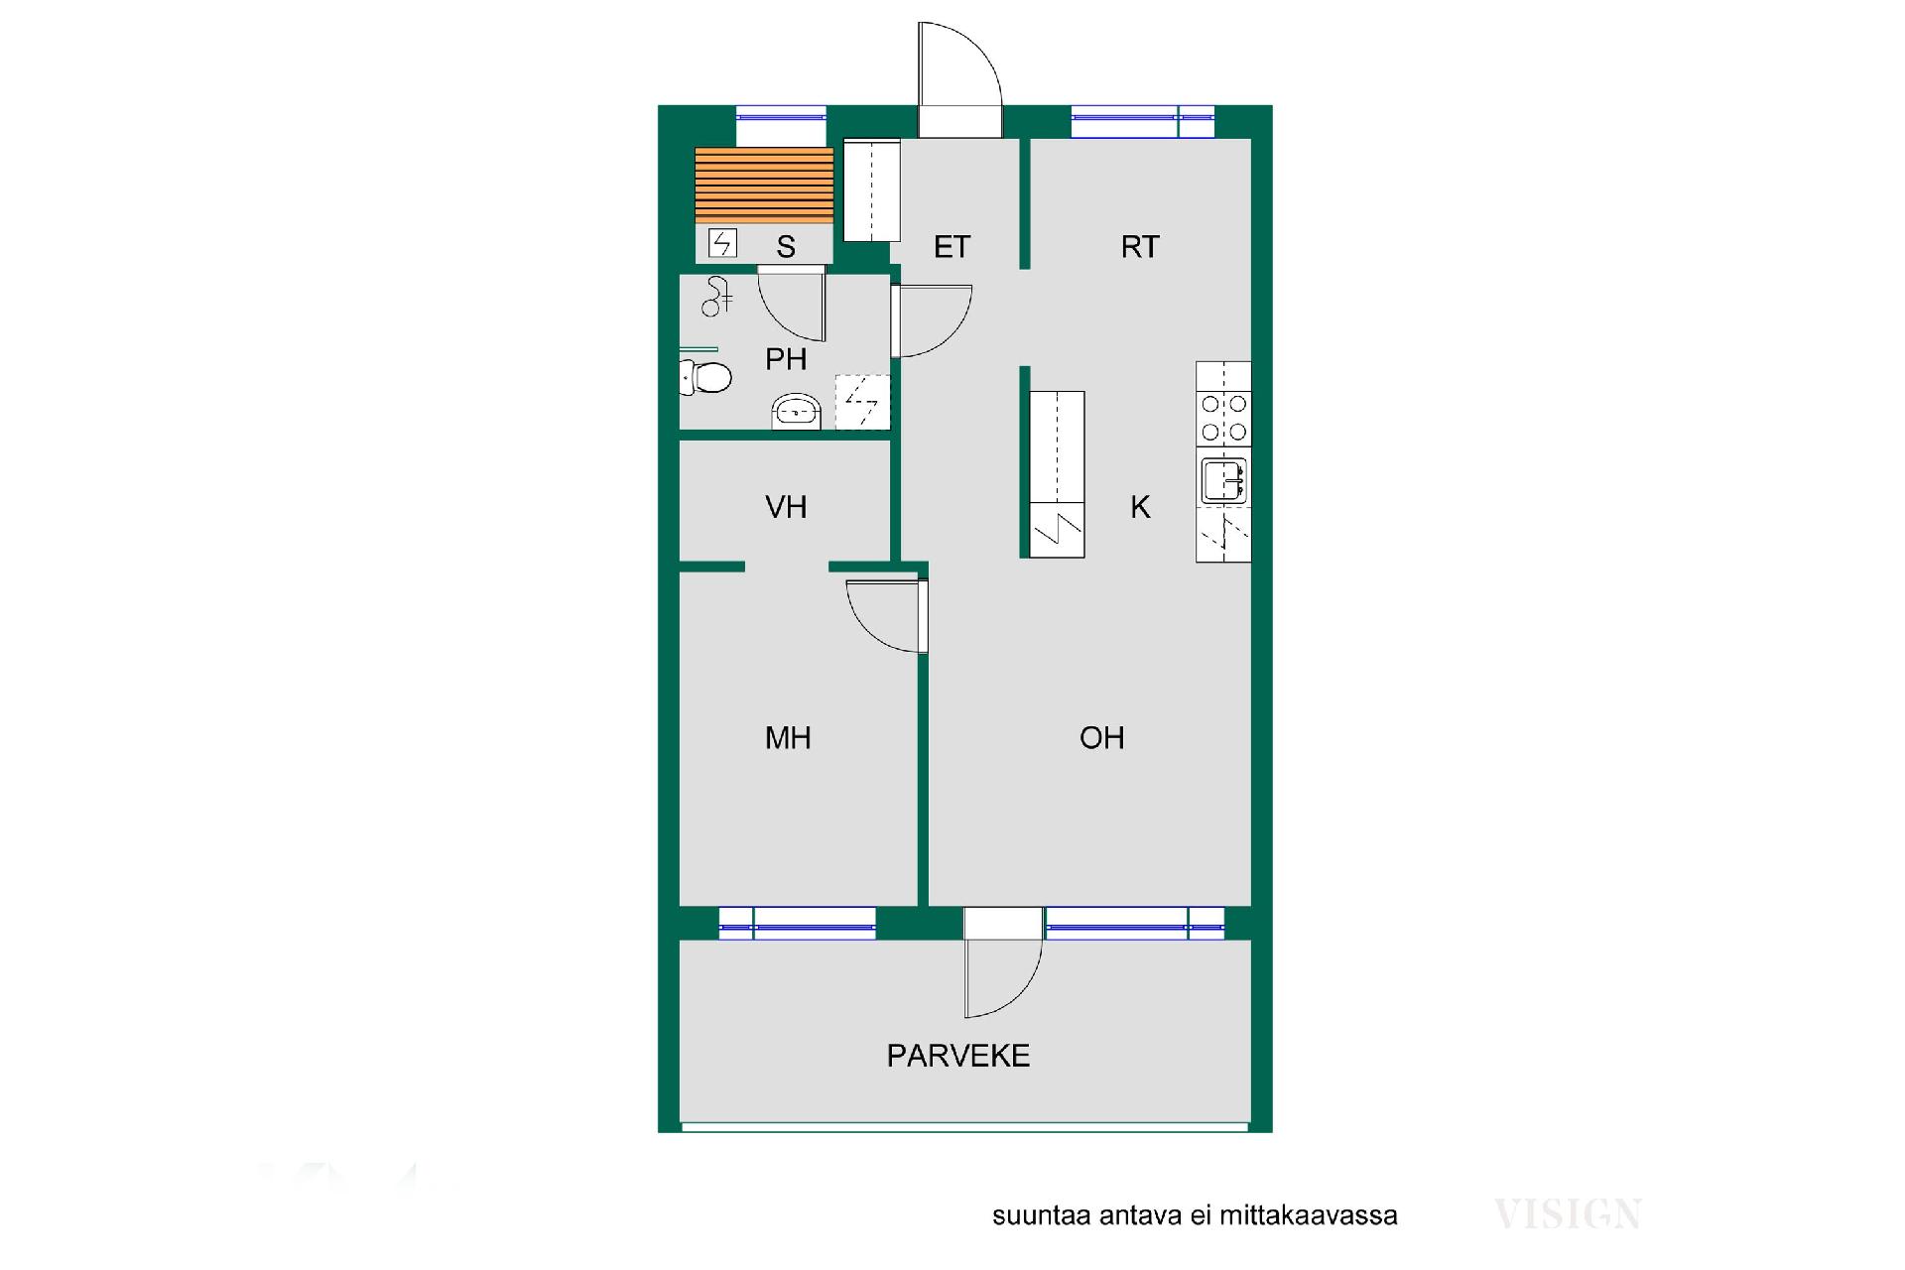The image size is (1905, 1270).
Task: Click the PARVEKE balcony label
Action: point(957,1056)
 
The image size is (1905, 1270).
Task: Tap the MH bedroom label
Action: point(788,738)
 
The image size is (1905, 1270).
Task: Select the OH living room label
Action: point(1101,738)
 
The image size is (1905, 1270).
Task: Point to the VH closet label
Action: point(786,507)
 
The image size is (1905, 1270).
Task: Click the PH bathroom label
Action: point(786,359)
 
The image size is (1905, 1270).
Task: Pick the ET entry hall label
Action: point(952,247)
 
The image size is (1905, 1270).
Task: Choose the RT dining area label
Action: point(1140,247)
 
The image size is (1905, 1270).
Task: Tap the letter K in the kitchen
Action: point(1140,507)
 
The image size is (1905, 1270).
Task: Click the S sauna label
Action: point(786,247)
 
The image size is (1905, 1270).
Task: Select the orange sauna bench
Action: point(764,186)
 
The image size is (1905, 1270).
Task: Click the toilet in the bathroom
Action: point(705,377)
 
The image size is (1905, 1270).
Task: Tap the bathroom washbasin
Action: point(797,412)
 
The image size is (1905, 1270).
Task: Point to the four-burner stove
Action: point(1223,418)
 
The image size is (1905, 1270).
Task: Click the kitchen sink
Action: point(1223,481)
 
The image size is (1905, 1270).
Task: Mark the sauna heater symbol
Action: point(722,243)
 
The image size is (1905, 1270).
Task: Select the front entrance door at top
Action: point(959,79)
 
